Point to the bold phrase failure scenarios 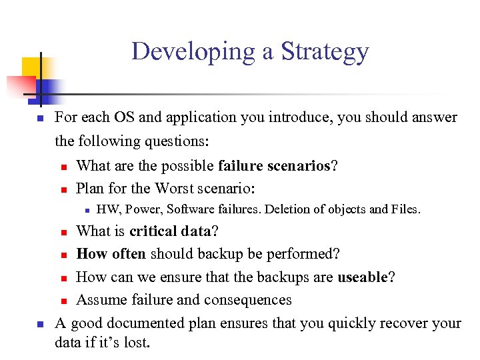[x=274, y=166]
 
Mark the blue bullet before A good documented [x=39, y=325]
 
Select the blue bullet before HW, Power [x=87, y=210]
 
